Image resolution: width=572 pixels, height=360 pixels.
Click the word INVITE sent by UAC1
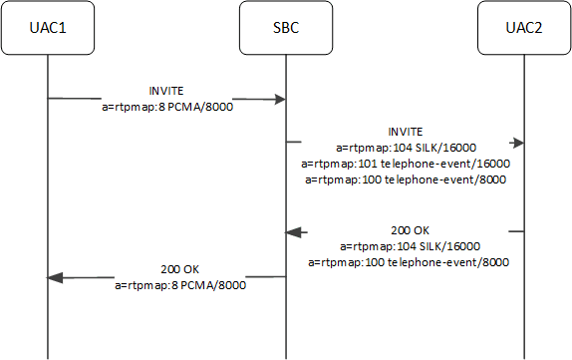click(167, 89)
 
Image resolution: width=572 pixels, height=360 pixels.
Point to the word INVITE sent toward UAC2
click(406, 131)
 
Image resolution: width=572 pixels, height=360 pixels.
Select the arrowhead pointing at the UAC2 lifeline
click(517, 143)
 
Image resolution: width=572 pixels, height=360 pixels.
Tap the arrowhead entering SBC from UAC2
click(294, 231)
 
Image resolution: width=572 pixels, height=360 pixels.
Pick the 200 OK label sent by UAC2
click(406, 231)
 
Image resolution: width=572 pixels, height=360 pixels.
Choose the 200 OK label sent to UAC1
click(179, 270)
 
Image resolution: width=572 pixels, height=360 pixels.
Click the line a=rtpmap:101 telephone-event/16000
click(406, 163)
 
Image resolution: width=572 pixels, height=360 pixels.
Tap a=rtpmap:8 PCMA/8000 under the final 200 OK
click(179, 285)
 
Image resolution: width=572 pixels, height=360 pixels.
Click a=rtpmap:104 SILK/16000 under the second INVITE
click(406, 147)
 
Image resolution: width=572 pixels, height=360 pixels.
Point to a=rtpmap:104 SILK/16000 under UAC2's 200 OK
click(406, 246)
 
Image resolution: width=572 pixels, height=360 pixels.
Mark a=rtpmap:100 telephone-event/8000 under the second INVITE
click(406, 180)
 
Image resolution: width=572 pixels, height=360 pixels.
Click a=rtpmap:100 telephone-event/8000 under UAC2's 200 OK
click(406, 262)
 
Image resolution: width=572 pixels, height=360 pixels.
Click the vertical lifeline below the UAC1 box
click(48, 199)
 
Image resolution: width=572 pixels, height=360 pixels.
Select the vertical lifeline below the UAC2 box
click(524, 199)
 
